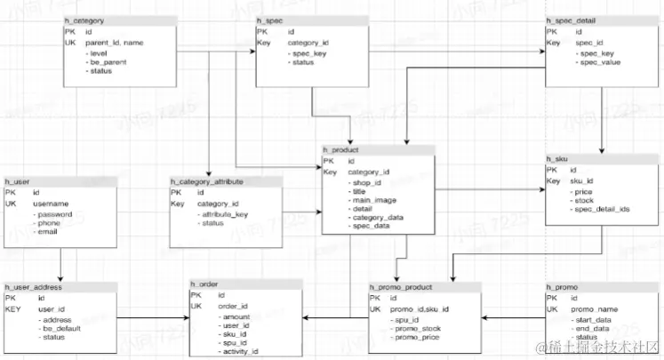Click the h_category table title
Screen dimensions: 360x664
point(84,20)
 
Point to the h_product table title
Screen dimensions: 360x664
point(341,149)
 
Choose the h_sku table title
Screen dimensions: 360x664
point(557,157)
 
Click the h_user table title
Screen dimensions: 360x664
point(19,180)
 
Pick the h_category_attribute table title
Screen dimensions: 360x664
point(205,180)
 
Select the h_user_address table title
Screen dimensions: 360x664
point(35,287)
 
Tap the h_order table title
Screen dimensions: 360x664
point(206,284)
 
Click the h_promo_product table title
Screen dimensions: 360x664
point(403,287)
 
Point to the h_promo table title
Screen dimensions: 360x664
point(564,287)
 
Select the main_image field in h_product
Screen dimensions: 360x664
point(372,200)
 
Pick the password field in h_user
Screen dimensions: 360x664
point(53,214)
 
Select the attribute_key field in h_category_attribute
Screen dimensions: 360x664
point(228,214)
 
